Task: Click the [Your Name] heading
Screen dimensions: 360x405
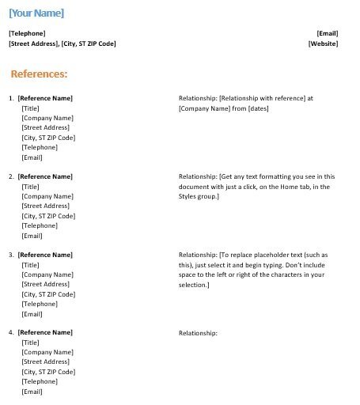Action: click(x=36, y=13)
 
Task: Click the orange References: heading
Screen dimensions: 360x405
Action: click(x=40, y=74)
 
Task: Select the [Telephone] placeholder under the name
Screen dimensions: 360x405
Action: click(x=27, y=33)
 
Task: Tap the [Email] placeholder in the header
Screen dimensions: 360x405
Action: click(x=328, y=33)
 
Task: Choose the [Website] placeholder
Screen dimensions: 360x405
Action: click(x=324, y=44)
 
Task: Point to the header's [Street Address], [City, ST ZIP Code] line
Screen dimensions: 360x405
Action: click(x=63, y=44)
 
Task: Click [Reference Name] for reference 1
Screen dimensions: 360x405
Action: click(x=45, y=98)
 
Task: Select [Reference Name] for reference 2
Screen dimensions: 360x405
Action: click(x=45, y=176)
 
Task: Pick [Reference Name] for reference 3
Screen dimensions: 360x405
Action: click(x=45, y=255)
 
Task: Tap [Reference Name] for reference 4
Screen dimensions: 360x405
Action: click(x=45, y=333)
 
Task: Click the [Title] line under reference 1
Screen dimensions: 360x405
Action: click(x=31, y=108)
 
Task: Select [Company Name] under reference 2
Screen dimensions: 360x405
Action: click(x=47, y=196)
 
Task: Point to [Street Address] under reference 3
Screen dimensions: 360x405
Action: click(x=46, y=284)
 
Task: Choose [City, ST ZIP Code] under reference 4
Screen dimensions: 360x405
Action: click(x=49, y=372)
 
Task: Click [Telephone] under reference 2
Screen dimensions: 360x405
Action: click(x=40, y=225)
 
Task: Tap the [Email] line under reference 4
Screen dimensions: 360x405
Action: click(x=32, y=392)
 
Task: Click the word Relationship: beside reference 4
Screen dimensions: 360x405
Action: click(x=198, y=333)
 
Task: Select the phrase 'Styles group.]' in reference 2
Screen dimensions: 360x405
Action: click(x=199, y=196)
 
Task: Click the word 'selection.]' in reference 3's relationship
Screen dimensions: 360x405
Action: click(x=194, y=284)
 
